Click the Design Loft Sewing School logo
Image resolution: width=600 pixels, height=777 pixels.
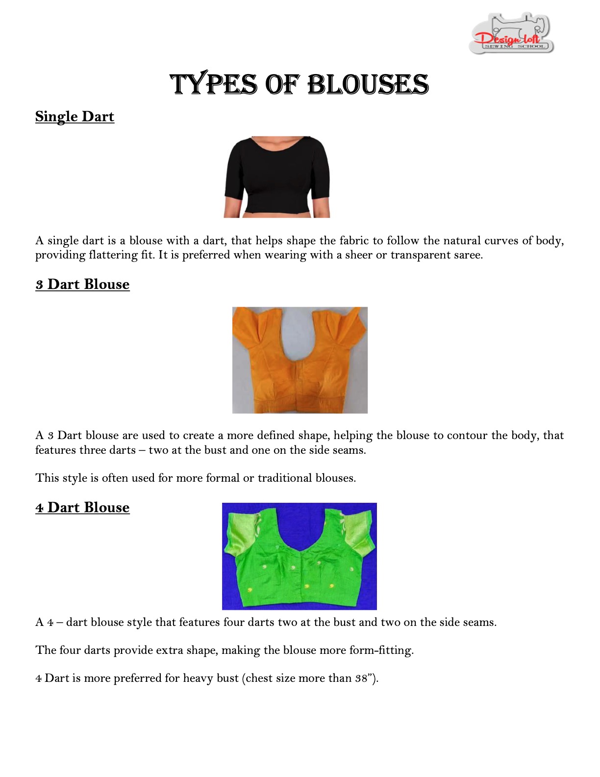[511, 33]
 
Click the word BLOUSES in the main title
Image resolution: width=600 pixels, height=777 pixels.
[368, 84]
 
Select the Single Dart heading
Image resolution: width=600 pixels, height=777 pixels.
[75, 117]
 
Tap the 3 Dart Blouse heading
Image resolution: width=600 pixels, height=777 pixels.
[82, 285]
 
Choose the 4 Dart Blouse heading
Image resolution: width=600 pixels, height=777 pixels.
[82, 508]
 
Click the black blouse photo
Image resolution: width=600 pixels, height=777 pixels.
[277, 177]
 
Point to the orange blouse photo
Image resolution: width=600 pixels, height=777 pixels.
[300, 360]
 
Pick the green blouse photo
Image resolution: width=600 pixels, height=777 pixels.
[299, 556]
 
